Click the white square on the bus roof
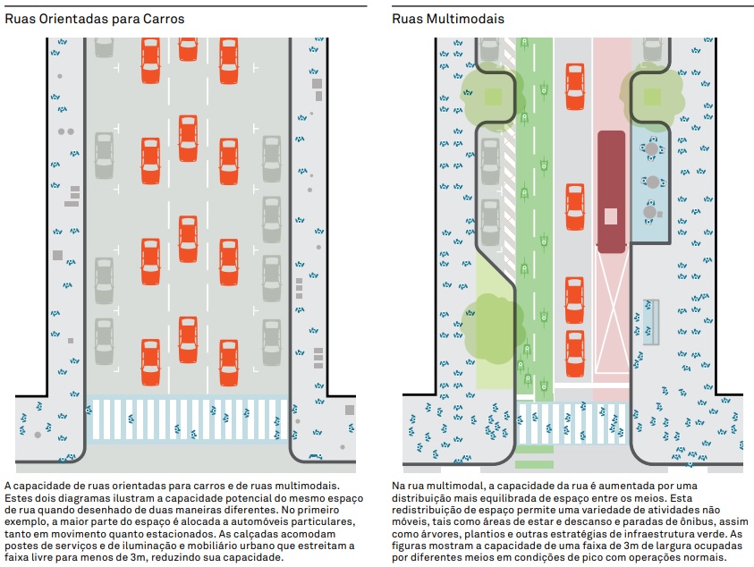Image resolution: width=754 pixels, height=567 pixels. (x=611, y=216)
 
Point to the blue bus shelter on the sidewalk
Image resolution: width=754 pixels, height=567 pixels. (x=650, y=322)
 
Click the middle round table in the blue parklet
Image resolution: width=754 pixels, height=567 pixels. (x=653, y=182)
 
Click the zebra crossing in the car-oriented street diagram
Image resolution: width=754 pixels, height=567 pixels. (x=188, y=419)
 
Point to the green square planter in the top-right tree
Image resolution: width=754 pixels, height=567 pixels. (x=653, y=97)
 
